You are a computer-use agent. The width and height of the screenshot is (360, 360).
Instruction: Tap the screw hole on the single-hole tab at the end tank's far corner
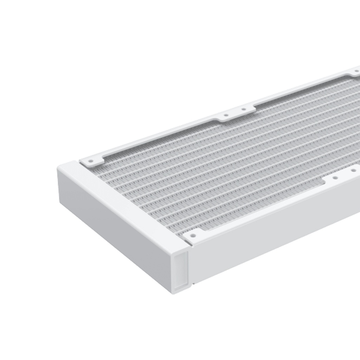click(91, 161)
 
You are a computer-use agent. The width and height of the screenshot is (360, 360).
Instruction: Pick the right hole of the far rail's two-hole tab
click(243, 109)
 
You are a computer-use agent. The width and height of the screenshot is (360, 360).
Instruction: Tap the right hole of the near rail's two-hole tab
click(352, 171)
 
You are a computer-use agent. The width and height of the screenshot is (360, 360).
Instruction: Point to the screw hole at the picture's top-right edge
click(356, 72)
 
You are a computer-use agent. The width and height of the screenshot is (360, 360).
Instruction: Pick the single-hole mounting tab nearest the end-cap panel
click(193, 236)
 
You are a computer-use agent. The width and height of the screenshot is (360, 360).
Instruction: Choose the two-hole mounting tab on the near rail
click(343, 176)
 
